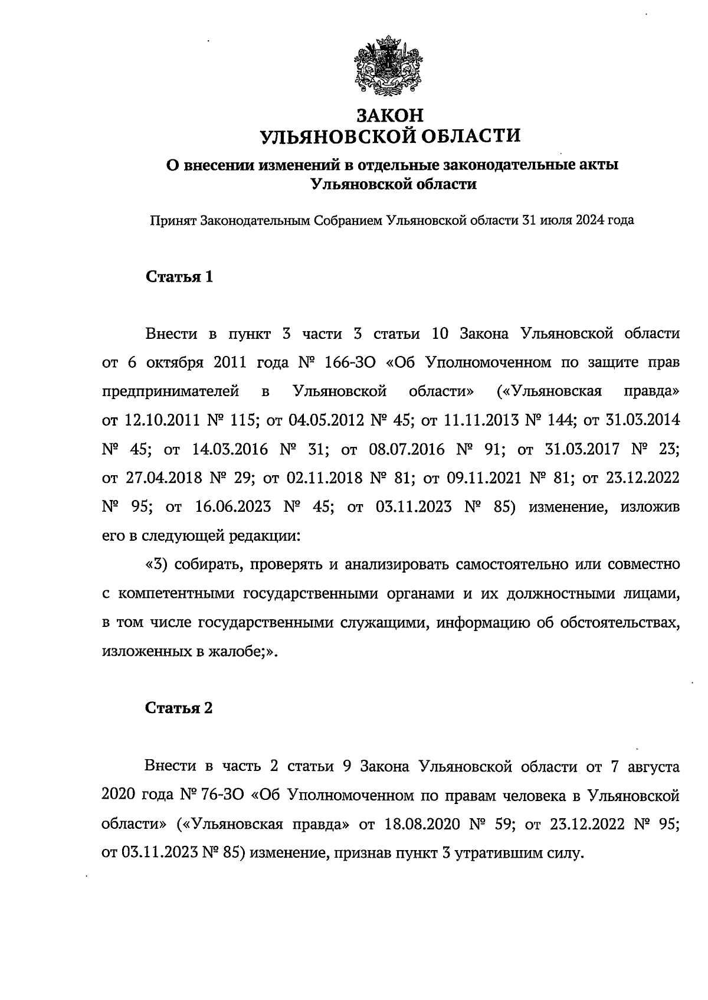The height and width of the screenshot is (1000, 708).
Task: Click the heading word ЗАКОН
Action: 391,115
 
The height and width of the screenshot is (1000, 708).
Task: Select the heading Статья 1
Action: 179,277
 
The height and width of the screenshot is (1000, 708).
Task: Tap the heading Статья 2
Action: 179,708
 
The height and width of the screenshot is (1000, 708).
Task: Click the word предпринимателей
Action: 171,391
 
